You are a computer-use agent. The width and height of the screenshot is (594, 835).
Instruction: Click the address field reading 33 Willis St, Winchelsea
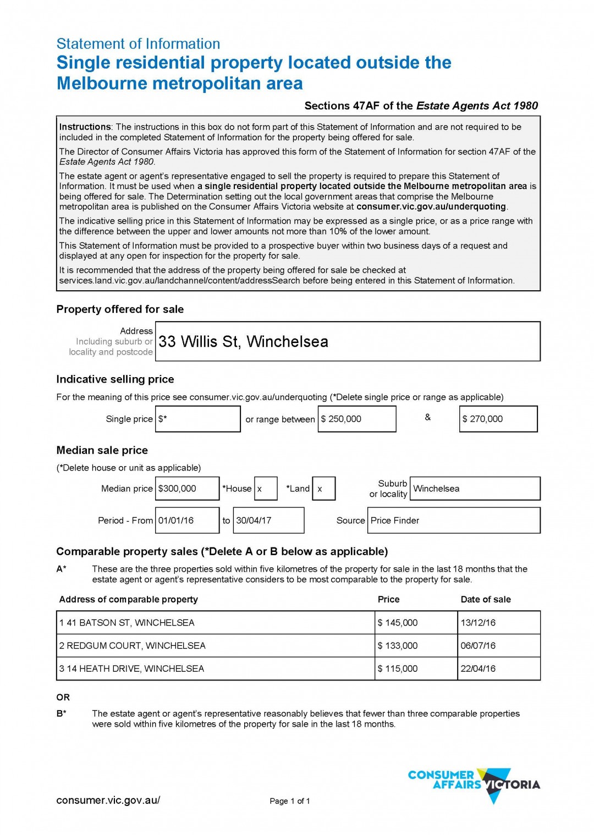coord(348,341)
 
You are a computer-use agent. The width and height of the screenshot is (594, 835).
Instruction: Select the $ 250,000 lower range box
coord(356,419)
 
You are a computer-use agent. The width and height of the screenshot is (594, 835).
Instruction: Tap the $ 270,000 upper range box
coord(498,419)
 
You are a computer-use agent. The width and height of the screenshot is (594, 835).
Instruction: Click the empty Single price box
coord(198,419)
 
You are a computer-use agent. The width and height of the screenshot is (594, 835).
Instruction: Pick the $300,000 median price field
coord(187,489)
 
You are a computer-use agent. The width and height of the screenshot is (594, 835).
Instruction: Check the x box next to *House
coord(266,489)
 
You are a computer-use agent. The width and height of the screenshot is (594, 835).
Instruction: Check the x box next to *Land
coord(323,489)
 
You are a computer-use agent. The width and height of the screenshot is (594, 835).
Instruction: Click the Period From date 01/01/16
coord(187,521)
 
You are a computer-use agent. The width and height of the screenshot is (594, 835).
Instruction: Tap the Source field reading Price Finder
coord(454,521)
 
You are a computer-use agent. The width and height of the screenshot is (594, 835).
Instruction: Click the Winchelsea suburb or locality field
coord(475,489)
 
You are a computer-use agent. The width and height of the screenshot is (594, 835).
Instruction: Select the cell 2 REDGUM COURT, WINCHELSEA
coord(216,646)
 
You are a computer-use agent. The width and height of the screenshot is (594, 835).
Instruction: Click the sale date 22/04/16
coord(499,669)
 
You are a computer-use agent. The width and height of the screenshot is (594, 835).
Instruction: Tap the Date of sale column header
coord(486,600)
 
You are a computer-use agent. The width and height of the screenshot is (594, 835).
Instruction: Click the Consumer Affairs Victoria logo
coord(474,783)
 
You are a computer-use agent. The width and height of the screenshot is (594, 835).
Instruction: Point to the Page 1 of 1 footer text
coord(290,801)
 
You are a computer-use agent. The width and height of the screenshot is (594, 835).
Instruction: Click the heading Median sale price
coord(102,451)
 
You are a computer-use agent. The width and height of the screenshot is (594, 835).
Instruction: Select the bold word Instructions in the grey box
coord(85,127)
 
